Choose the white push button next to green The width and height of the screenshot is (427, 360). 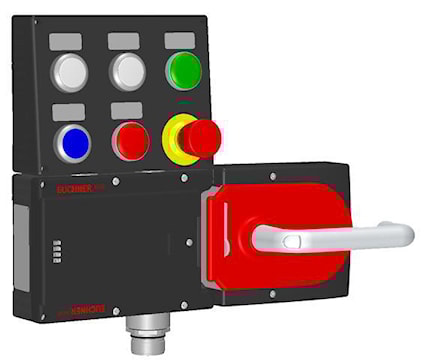(x=128, y=71)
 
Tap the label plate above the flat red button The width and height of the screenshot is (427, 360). (x=125, y=109)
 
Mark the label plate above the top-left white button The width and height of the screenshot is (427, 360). (x=67, y=41)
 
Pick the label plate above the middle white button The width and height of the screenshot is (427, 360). (x=124, y=41)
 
